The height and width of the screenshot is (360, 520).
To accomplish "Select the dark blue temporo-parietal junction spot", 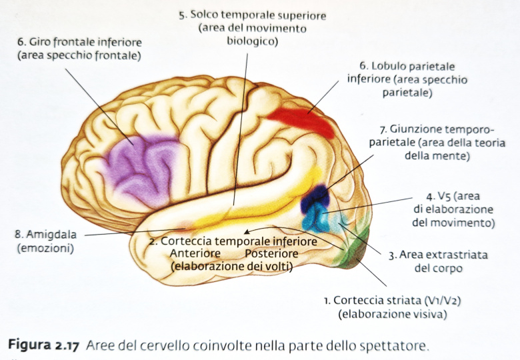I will point(315,198).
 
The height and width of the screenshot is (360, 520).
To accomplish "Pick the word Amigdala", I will point(49,235).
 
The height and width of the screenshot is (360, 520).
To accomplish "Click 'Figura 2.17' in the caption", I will point(43,345).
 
